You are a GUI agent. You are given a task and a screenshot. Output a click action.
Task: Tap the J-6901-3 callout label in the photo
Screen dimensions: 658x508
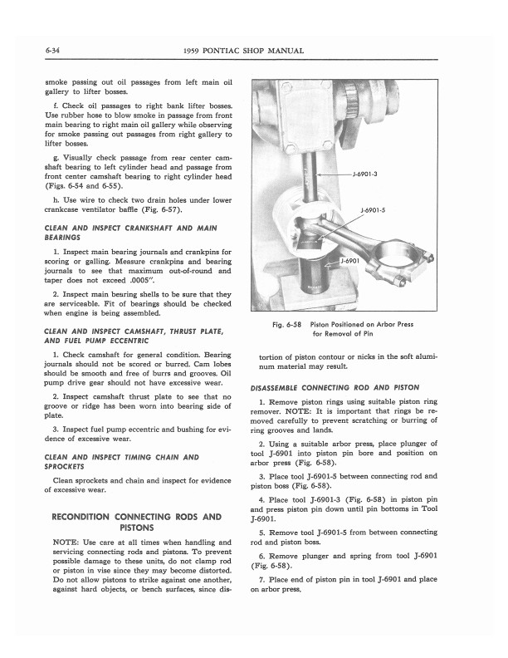pyautogui.click(x=364, y=174)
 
